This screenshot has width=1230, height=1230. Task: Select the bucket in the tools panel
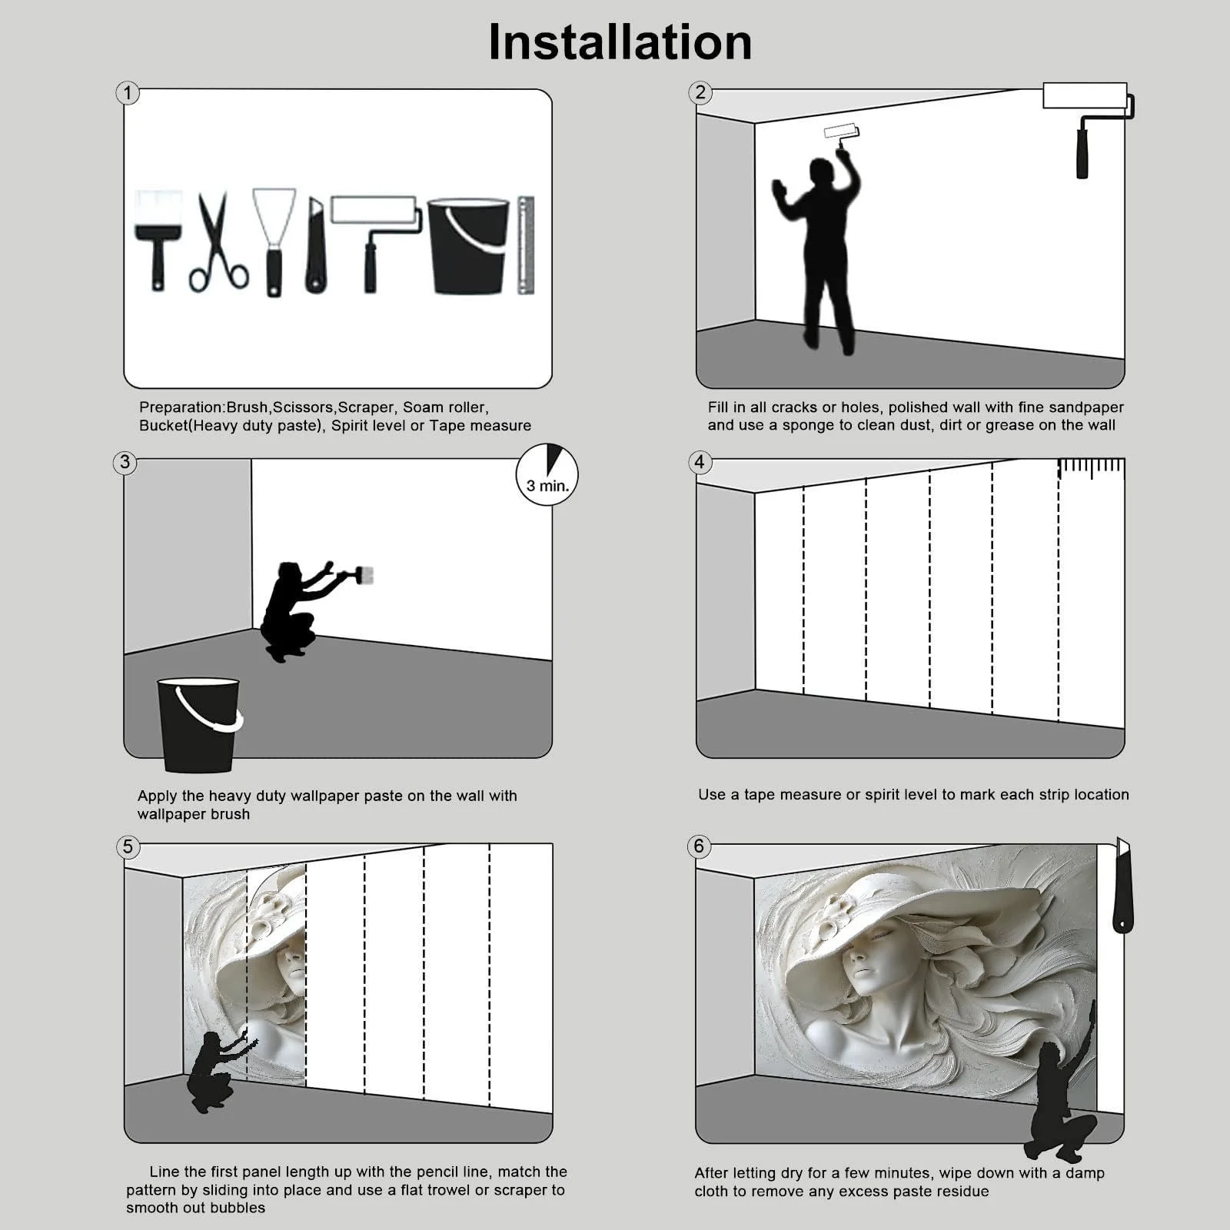click(468, 246)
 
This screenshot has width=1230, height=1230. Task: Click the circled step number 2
click(700, 93)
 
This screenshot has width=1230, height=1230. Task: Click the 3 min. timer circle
click(547, 474)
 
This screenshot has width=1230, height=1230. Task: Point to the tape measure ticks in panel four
click(1092, 468)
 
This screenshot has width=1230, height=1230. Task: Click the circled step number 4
click(700, 462)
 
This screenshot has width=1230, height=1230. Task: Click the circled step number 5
click(128, 846)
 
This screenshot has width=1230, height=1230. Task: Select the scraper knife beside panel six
click(1122, 886)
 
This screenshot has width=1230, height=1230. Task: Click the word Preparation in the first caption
click(181, 407)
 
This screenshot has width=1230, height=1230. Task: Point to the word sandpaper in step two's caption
click(1085, 407)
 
